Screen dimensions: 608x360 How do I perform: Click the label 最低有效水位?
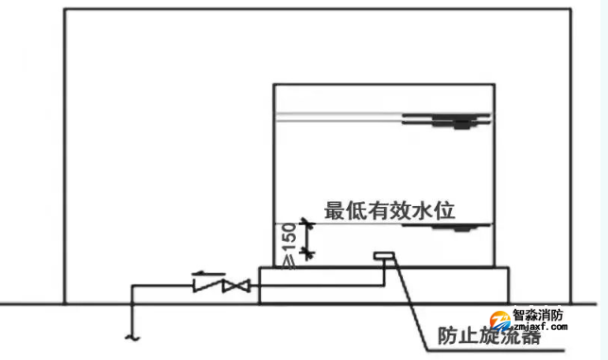point(391,210)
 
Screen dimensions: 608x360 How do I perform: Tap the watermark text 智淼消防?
point(538,318)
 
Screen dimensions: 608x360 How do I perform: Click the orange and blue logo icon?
point(496,321)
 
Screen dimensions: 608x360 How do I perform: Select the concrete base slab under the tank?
point(383,283)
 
